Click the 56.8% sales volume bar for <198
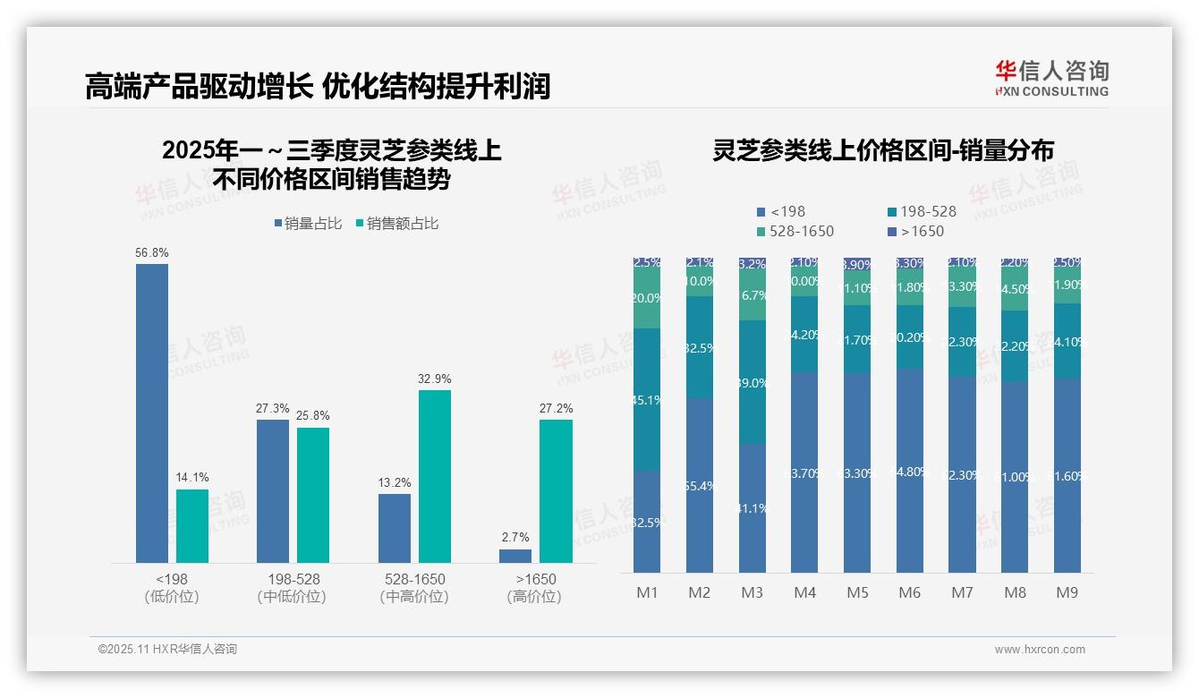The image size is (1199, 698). (152, 413)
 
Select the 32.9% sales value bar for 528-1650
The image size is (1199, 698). (435, 476)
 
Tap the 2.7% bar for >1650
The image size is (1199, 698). (515, 556)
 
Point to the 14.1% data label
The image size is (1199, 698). (192, 477)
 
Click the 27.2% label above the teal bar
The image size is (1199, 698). (556, 408)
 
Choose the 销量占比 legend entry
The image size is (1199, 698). (308, 224)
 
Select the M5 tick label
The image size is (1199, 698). (857, 592)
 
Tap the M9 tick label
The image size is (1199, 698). (1067, 592)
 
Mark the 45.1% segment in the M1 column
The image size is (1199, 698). (646, 400)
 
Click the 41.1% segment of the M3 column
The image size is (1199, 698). (753, 508)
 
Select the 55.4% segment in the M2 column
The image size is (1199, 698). (699, 486)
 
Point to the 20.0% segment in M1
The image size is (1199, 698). (646, 299)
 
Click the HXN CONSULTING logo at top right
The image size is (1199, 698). (1051, 79)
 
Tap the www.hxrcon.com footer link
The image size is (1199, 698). (1040, 650)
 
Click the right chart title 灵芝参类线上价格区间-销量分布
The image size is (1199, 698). (883, 150)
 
